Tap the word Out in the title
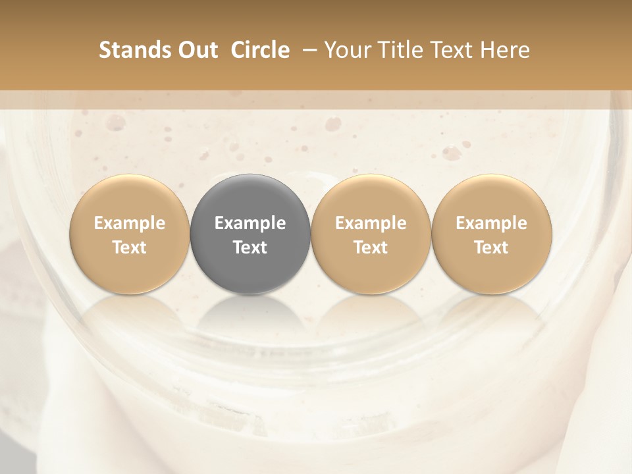197,50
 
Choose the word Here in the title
506,50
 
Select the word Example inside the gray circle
250,223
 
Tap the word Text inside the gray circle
250,248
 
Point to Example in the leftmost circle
130,223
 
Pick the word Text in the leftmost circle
130,248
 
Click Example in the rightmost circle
492,223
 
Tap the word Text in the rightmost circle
492,248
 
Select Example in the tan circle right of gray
371,223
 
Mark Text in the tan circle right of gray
371,248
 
